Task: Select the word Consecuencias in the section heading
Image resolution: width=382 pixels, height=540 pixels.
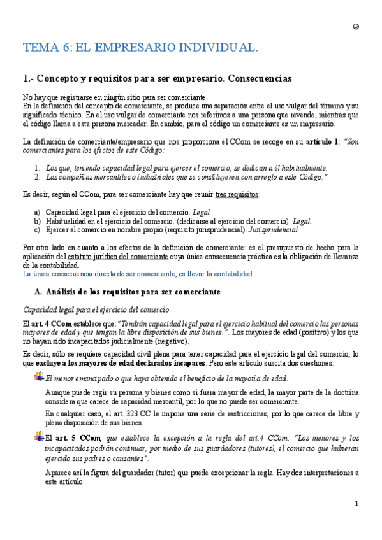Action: tap(251, 79)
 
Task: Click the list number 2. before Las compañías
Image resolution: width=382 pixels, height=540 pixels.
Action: tap(37, 176)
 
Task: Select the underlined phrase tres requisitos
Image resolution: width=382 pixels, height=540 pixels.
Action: tap(238, 194)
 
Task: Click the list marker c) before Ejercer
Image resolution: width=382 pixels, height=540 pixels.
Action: tap(37, 229)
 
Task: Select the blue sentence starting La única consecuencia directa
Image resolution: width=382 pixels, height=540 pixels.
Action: tap(138, 274)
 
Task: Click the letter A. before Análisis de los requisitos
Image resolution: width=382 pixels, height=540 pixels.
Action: tap(37, 292)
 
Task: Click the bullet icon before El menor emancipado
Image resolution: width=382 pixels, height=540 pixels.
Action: tap(38, 378)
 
